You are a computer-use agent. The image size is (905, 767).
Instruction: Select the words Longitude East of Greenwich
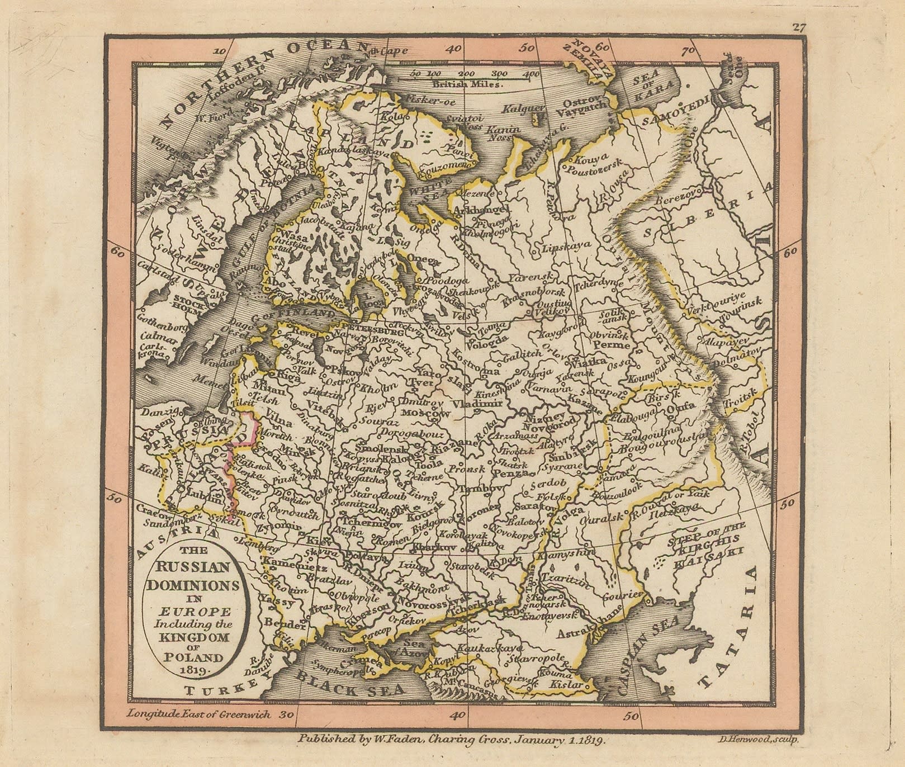pyautogui.click(x=198, y=713)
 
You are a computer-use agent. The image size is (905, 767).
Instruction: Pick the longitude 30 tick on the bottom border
pyautogui.click(x=287, y=714)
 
